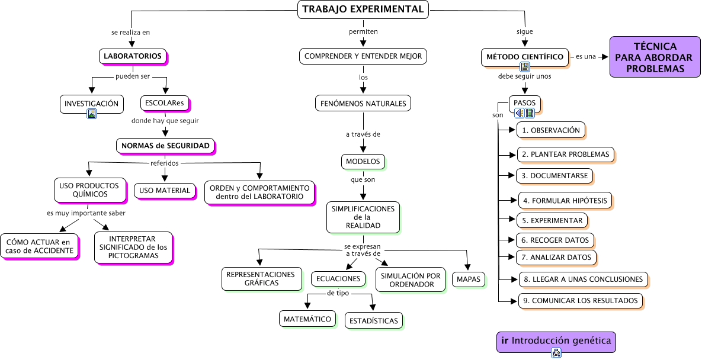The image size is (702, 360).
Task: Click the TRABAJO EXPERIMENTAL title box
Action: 363,9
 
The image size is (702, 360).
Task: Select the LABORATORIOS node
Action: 132,56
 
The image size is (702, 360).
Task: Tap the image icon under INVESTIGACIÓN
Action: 92,114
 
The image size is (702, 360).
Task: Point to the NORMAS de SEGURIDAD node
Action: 165,146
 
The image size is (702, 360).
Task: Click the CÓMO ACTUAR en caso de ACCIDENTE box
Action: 39,246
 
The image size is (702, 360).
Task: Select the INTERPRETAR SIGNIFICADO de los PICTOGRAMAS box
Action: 133,247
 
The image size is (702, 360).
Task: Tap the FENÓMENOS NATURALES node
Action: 363,104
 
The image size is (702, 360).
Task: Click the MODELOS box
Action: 363,162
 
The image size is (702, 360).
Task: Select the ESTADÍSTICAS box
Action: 373,320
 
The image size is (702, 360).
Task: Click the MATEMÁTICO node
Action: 307,319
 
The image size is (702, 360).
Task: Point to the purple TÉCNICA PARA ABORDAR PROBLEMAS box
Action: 655,57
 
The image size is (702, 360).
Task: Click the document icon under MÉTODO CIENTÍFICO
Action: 525,67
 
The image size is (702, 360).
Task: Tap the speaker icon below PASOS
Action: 519,113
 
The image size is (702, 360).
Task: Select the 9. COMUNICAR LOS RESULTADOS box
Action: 580,301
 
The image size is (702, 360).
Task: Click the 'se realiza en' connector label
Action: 130,32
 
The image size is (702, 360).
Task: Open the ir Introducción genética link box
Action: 556,341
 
